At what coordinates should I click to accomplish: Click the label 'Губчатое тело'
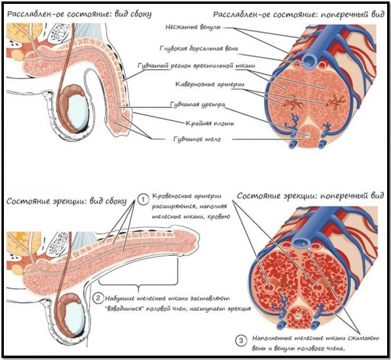click(x=195, y=139)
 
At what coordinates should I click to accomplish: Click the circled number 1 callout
click(x=143, y=199)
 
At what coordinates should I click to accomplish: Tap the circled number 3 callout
click(x=240, y=339)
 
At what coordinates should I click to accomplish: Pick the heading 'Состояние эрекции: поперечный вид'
click(x=308, y=195)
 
